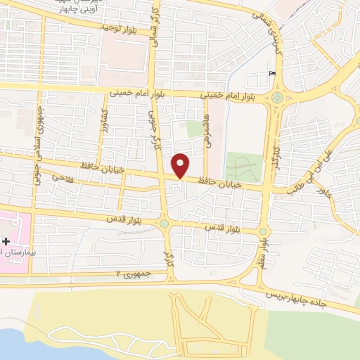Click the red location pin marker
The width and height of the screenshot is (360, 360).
tap(181, 165)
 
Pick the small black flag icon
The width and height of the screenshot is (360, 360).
tap(272, 74)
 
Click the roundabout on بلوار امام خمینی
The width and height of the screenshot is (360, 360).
tap(278, 97)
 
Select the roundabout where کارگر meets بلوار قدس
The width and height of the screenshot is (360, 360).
tap(165, 224)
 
